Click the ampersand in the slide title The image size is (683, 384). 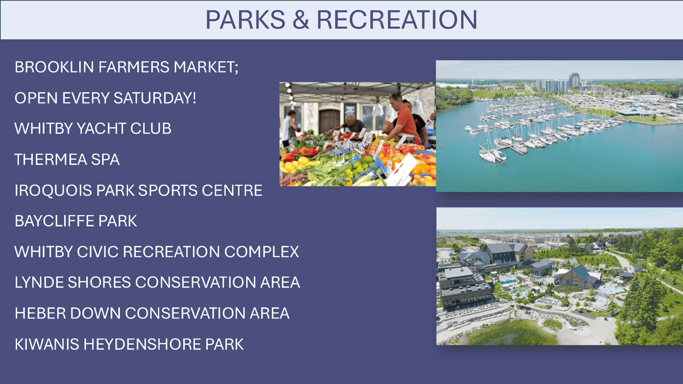pos(301,20)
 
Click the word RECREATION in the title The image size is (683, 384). pos(397,20)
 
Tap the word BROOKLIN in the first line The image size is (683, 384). pos(54,67)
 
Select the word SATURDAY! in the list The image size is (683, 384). pos(155,98)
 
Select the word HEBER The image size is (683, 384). pos(40,313)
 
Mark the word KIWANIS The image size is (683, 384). pos(47,344)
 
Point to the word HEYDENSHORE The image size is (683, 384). pos(142,344)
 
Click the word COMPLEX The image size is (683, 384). pos(262,252)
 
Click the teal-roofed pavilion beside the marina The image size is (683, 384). pos(634,111)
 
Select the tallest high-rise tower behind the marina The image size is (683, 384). pos(574,80)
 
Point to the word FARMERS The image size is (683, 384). pos(134,67)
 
